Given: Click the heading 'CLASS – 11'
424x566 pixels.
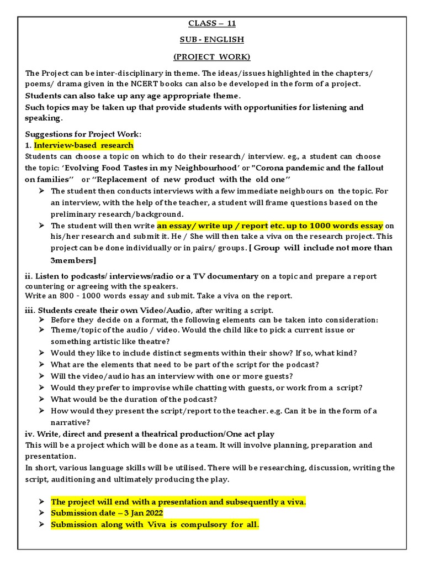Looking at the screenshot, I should [x=212, y=23].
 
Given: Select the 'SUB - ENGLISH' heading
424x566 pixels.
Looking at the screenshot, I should [x=212, y=40].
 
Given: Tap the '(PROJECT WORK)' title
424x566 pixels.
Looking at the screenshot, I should [x=212, y=56].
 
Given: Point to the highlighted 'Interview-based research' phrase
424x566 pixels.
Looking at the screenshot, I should [x=83, y=145].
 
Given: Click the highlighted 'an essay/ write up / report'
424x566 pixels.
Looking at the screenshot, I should [x=213, y=226].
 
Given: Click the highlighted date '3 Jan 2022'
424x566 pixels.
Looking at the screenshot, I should [x=139, y=513].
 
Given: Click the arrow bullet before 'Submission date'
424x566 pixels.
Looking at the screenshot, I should [x=42, y=513].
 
